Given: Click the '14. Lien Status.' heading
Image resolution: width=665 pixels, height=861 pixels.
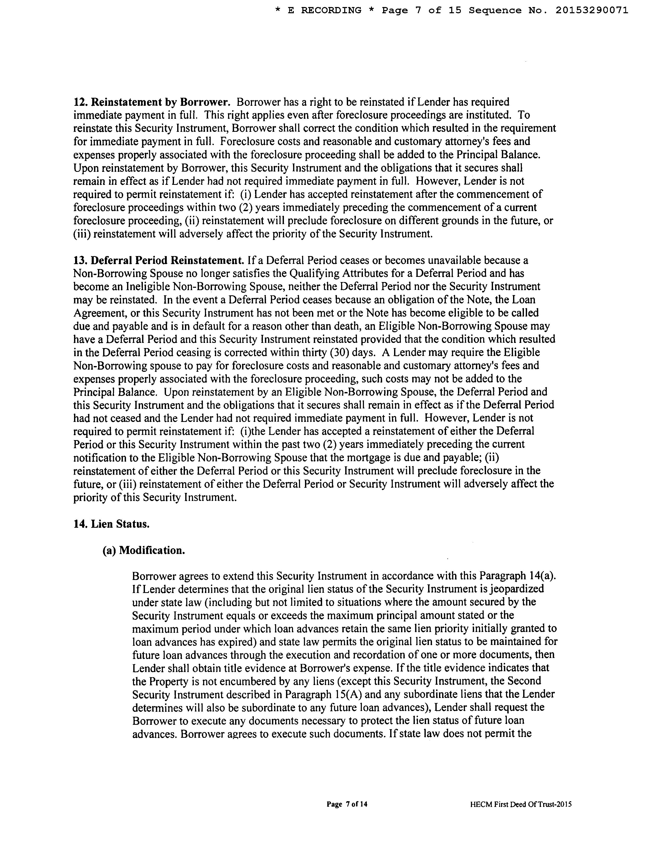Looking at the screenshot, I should point(111,524).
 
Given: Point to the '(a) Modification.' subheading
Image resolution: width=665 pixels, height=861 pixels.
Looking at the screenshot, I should point(144,550).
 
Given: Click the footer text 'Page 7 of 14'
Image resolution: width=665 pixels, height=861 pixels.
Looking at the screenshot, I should point(347,804).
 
